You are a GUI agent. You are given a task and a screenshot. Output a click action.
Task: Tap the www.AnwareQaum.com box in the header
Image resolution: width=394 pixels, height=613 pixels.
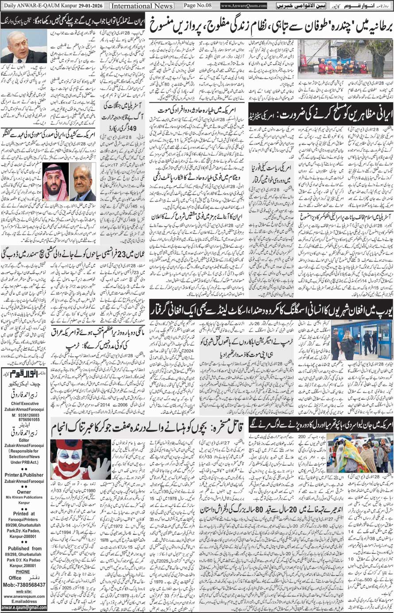(x=244, y=6)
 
